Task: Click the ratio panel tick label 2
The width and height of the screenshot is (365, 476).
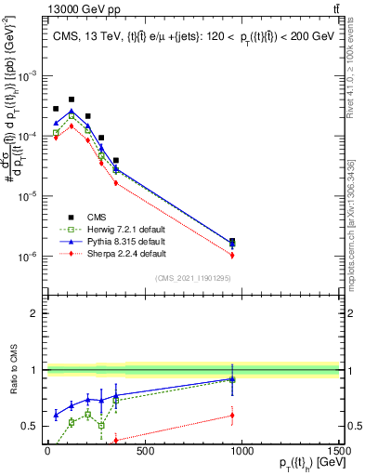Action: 34,313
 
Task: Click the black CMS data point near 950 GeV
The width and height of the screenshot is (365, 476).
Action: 232,241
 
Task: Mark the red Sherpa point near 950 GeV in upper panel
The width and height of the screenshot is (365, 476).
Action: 232,255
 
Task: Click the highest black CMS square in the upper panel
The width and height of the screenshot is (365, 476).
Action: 72,99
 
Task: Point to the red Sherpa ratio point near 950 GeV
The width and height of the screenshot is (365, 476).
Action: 232,415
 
